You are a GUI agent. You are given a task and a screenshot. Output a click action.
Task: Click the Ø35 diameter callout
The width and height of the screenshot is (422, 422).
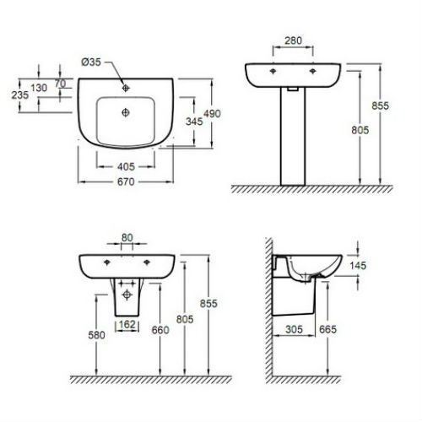point(91,62)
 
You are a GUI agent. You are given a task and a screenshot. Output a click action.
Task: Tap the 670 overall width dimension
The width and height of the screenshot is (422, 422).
point(126,181)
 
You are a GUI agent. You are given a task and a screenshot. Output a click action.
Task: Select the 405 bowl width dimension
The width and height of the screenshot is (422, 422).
point(126,166)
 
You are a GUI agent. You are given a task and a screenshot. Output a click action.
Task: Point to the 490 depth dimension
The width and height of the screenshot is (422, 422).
point(212,114)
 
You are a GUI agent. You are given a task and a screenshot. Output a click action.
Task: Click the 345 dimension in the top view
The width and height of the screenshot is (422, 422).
point(194,122)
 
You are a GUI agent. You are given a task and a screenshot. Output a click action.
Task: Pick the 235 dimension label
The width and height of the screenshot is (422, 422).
point(20,95)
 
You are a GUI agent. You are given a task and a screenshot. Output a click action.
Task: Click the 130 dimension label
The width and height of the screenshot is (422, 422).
point(39,88)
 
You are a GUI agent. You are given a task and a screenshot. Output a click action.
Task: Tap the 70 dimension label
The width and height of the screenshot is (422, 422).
point(60,84)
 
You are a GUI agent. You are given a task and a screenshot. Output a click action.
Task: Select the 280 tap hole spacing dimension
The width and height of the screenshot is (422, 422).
point(293,41)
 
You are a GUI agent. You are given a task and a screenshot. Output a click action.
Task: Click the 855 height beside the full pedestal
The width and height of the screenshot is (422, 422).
point(380,105)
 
